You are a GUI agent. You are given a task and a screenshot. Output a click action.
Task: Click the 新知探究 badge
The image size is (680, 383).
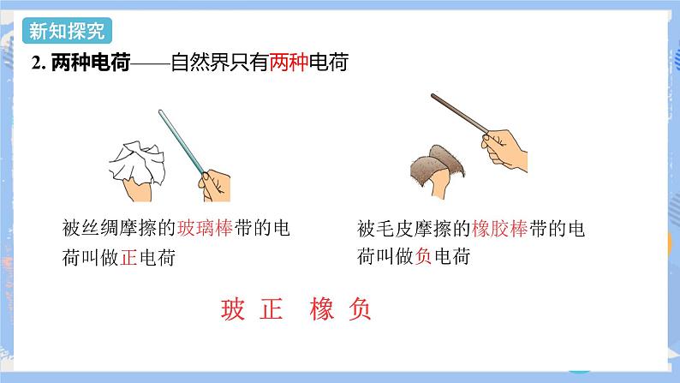click(x=67, y=31)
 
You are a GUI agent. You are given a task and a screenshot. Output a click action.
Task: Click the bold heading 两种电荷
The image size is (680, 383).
click(x=91, y=63)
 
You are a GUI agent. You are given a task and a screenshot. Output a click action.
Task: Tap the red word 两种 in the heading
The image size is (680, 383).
click(x=289, y=63)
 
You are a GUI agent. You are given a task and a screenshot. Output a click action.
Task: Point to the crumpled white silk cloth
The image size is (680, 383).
click(x=137, y=163)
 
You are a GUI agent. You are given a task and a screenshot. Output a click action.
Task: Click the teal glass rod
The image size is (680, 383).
click(x=182, y=142)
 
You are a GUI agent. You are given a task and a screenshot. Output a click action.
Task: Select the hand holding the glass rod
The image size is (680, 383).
click(x=215, y=185)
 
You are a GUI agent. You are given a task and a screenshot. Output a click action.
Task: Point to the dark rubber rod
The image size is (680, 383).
click(x=460, y=113)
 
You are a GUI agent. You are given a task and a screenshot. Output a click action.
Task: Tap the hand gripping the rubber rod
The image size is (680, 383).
click(x=504, y=150)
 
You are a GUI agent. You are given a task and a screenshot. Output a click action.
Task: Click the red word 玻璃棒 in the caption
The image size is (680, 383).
click(x=206, y=228)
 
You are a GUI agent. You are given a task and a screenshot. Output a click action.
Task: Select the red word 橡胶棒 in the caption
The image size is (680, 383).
click(x=499, y=229)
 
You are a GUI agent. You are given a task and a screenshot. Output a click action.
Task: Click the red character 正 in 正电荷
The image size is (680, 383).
click(x=128, y=257)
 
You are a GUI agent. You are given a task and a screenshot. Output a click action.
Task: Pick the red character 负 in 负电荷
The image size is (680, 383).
click(x=424, y=256)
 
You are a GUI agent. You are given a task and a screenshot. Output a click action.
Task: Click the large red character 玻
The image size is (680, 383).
click(x=233, y=309)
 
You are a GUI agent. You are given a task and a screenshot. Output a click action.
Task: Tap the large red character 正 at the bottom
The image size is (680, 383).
click(x=271, y=309)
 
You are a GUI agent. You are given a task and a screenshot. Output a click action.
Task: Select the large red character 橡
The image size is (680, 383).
click(x=322, y=309)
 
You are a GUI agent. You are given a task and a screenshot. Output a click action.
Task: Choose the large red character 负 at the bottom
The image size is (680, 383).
click(x=360, y=309)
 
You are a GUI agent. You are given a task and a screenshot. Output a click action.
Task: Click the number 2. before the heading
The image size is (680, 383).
click(x=39, y=63)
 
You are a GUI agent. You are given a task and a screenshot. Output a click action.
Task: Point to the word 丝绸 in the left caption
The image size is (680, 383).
click(x=91, y=228)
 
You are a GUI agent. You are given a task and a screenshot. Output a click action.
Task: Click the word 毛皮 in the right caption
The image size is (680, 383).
click(x=385, y=229)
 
